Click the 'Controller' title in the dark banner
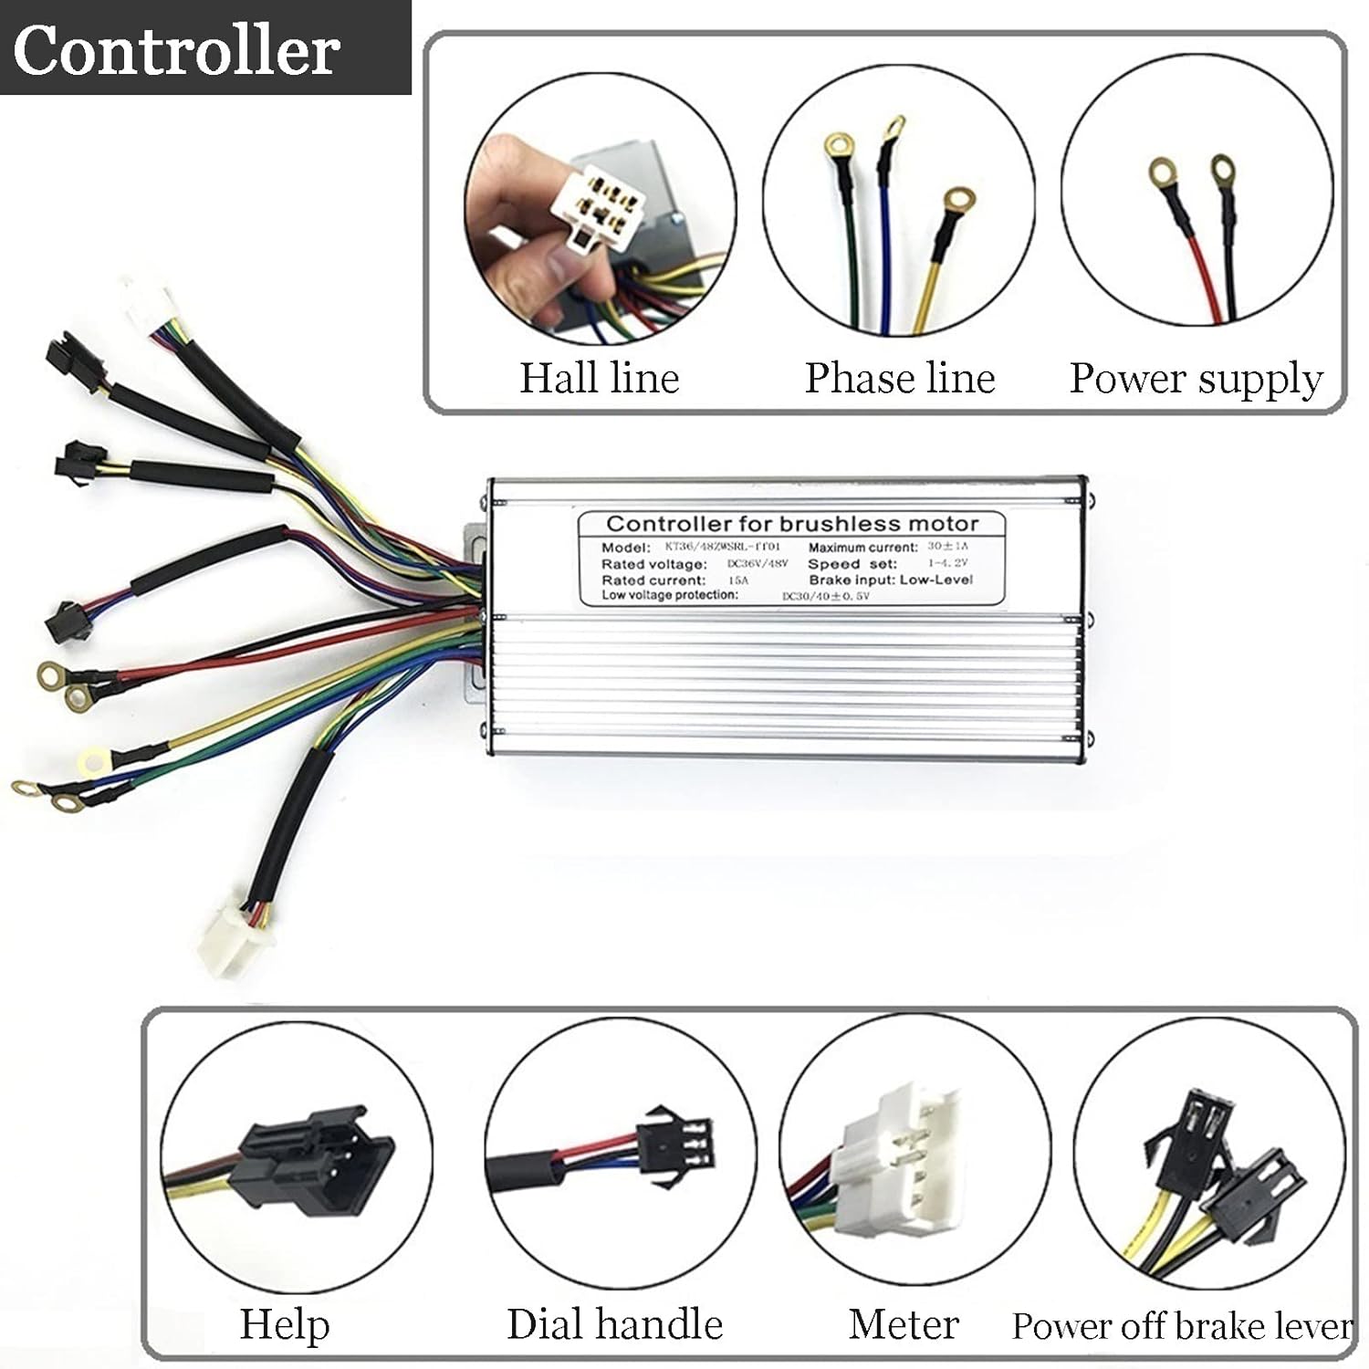point(176,50)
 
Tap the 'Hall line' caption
point(600,378)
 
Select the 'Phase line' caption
point(899,378)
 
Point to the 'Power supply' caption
point(1196,379)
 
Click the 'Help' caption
point(284,1323)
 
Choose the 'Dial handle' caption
point(614,1323)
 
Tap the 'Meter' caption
point(904,1323)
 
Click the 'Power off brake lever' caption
point(1182,1325)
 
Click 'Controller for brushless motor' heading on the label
point(791,524)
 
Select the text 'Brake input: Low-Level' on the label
point(890,580)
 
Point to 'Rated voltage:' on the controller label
point(653,564)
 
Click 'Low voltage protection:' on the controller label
point(669,595)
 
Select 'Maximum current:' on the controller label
point(862,548)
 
